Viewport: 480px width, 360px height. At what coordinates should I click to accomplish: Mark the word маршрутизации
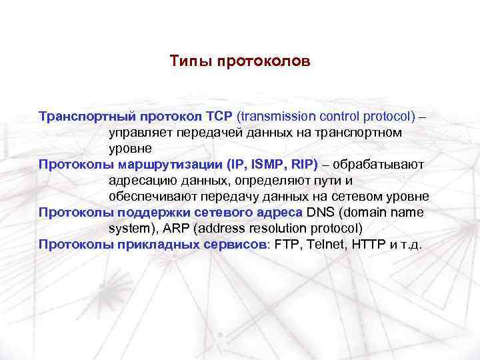pos(171,164)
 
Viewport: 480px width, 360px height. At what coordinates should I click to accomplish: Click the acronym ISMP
pos(265,164)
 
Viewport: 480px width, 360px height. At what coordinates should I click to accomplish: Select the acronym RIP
pos(303,164)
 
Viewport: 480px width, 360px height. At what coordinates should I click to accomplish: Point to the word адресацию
pos(139,180)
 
